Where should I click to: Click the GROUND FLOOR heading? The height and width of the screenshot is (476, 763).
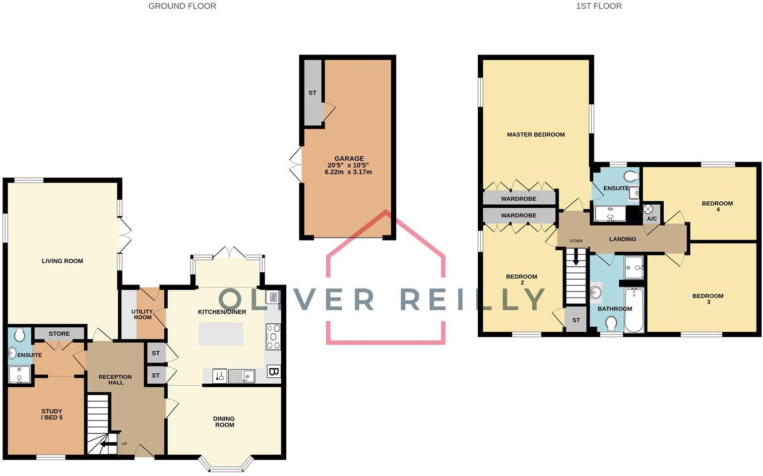[182, 6]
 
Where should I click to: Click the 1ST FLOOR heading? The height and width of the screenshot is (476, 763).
[599, 6]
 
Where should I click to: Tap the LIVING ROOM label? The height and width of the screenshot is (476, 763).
[63, 261]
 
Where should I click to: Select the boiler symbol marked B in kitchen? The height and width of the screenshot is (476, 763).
[273, 371]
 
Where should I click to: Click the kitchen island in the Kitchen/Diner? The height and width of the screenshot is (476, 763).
[221, 334]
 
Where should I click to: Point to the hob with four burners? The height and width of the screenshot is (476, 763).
[273, 337]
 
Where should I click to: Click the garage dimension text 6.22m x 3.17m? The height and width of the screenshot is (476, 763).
[348, 172]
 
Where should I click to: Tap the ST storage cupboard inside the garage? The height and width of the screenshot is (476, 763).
[313, 93]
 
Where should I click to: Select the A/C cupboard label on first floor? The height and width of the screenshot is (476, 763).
[652, 219]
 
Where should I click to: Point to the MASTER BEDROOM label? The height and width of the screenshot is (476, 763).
[536, 134]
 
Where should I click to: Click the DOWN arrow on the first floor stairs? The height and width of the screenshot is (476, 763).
[576, 257]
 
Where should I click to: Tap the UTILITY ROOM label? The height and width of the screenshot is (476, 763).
[142, 314]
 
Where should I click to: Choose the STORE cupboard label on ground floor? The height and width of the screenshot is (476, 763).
[59, 334]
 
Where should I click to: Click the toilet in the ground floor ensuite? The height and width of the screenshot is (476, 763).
[20, 336]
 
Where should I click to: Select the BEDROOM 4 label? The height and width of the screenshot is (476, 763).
[717, 206]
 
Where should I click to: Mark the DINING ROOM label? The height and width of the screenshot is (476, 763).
[224, 421]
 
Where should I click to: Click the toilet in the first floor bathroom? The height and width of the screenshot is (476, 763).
[611, 324]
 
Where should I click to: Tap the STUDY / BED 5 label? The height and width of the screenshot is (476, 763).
[52, 414]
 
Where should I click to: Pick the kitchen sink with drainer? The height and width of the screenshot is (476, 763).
[241, 377]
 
